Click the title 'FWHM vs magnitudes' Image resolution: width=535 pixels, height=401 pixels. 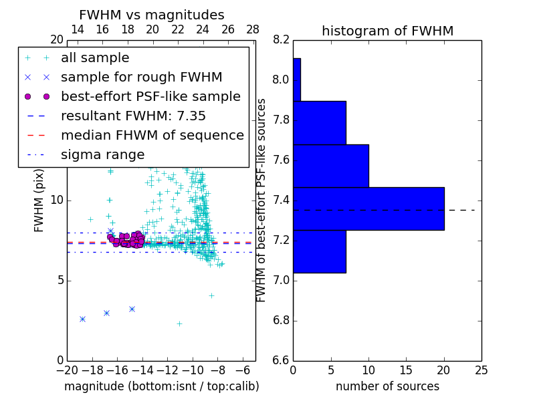click(x=152, y=15)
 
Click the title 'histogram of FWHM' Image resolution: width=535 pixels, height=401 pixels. click(x=387, y=31)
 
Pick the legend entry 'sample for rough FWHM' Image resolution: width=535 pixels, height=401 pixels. click(x=141, y=78)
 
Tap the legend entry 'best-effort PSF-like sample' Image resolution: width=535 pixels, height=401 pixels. click(x=150, y=97)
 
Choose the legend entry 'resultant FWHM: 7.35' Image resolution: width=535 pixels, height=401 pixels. click(x=133, y=116)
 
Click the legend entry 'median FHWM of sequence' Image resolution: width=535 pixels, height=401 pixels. click(x=152, y=136)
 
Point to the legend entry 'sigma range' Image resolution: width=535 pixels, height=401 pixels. click(x=102, y=155)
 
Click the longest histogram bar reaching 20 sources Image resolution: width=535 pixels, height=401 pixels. click(x=368, y=209)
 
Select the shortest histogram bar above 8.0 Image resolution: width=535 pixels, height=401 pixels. click(x=297, y=80)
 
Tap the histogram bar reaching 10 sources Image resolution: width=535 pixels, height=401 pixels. click(x=330, y=166)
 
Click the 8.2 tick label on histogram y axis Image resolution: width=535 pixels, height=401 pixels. click(x=281, y=40)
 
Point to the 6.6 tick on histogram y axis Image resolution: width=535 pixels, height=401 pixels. click(x=281, y=360)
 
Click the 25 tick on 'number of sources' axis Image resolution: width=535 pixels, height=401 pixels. click(x=481, y=370)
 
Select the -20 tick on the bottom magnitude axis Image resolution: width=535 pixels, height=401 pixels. click(x=67, y=370)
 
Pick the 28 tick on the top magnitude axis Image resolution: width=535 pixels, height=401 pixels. click(x=253, y=29)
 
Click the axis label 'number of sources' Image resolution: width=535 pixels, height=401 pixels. click(x=387, y=386)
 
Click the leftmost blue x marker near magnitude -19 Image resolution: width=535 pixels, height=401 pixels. click(x=82, y=319)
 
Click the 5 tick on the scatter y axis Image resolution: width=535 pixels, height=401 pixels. click(x=59, y=280)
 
